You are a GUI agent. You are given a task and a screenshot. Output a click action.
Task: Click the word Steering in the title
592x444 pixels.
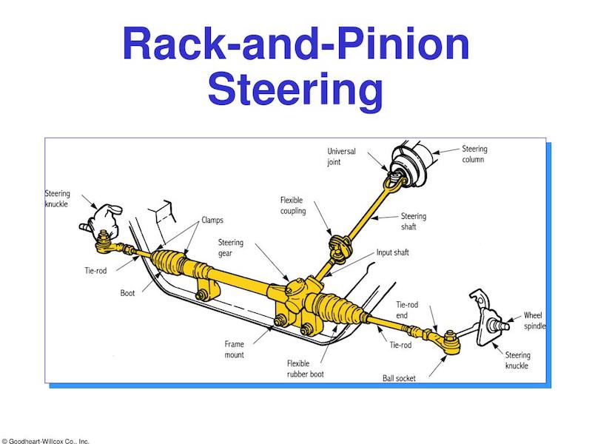pyautogui.click(x=295, y=90)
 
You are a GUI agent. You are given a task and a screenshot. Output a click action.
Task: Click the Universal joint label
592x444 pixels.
pyautogui.click(x=341, y=156)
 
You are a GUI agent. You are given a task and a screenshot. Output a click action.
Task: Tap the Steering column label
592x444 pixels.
pyautogui.click(x=474, y=154)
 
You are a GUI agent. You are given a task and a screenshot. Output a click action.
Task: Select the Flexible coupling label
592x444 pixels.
pyautogui.click(x=293, y=206)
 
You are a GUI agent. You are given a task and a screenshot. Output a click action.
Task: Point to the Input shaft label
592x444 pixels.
pyautogui.click(x=393, y=252)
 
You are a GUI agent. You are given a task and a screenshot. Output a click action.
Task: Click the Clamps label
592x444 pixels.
pyautogui.click(x=212, y=220)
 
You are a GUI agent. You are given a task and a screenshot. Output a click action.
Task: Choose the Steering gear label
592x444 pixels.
pyautogui.click(x=231, y=248)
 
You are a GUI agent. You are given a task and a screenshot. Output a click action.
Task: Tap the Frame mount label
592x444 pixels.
pyautogui.click(x=234, y=349)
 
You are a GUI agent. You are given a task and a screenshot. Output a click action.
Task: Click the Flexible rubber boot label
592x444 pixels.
pyautogui.click(x=306, y=369)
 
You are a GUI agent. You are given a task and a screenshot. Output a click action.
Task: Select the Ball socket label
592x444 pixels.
pyautogui.click(x=399, y=378)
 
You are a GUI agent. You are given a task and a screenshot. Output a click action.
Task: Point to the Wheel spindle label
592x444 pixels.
pyautogui.click(x=534, y=320)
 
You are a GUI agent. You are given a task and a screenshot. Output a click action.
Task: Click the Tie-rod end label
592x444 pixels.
pyautogui.click(x=407, y=309)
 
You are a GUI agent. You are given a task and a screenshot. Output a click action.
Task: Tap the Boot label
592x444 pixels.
pyautogui.click(x=127, y=293)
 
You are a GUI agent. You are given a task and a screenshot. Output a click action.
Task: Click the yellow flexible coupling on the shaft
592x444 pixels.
pyautogui.click(x=340, y=246)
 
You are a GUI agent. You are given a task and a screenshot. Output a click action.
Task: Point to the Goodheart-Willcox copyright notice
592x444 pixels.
pyautogui.click(x=45, y=440)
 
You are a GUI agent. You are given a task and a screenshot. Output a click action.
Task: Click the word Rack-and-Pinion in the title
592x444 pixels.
pyautogui.click(x=296, y=44)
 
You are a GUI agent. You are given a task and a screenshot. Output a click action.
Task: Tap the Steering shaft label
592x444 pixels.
pyautogui.click(x=414, y=221)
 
